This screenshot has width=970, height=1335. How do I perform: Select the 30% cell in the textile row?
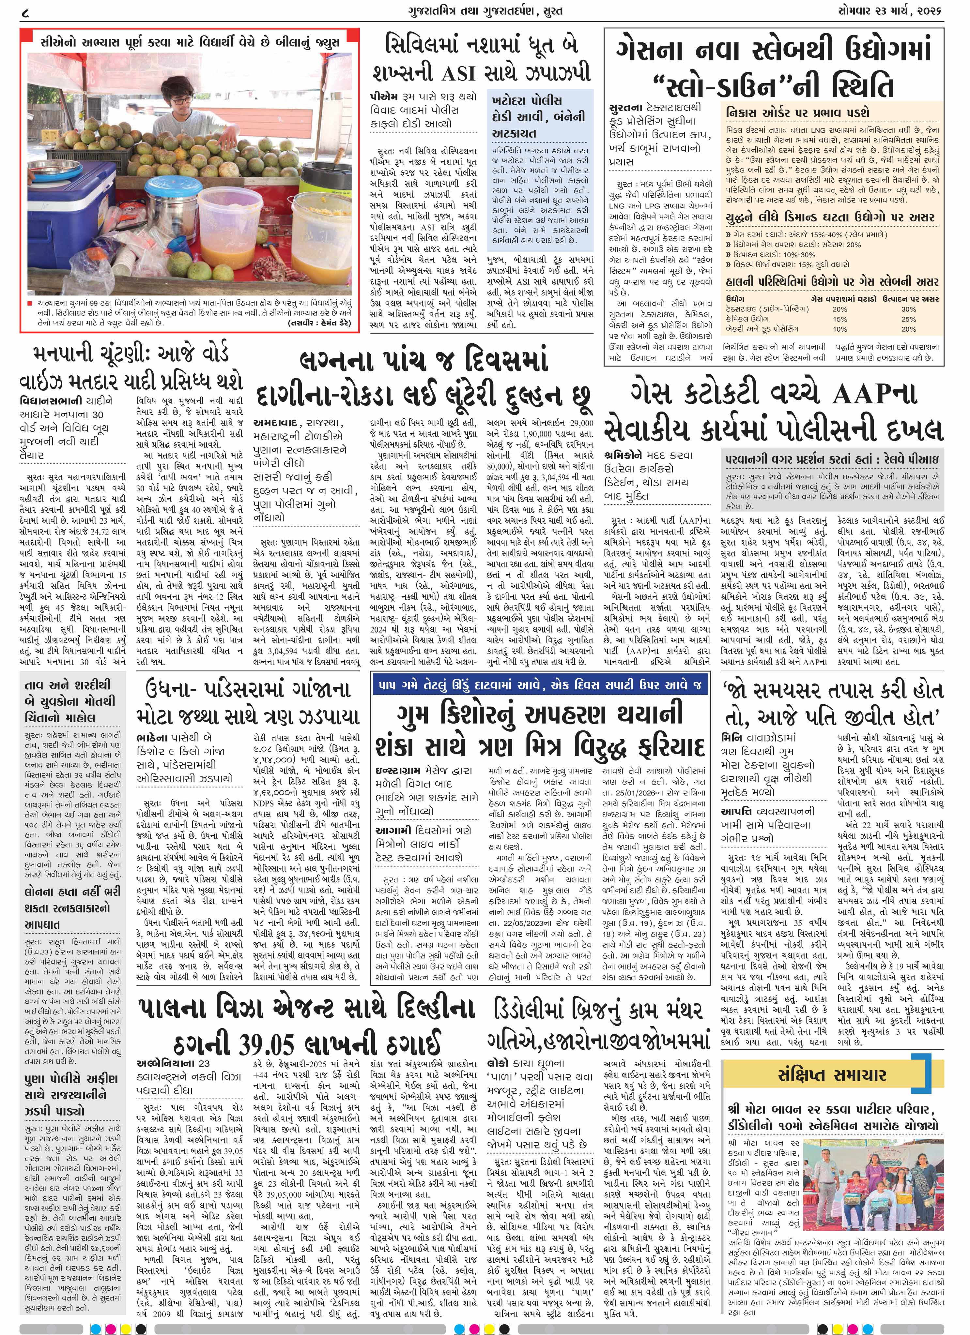click(908, 309)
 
